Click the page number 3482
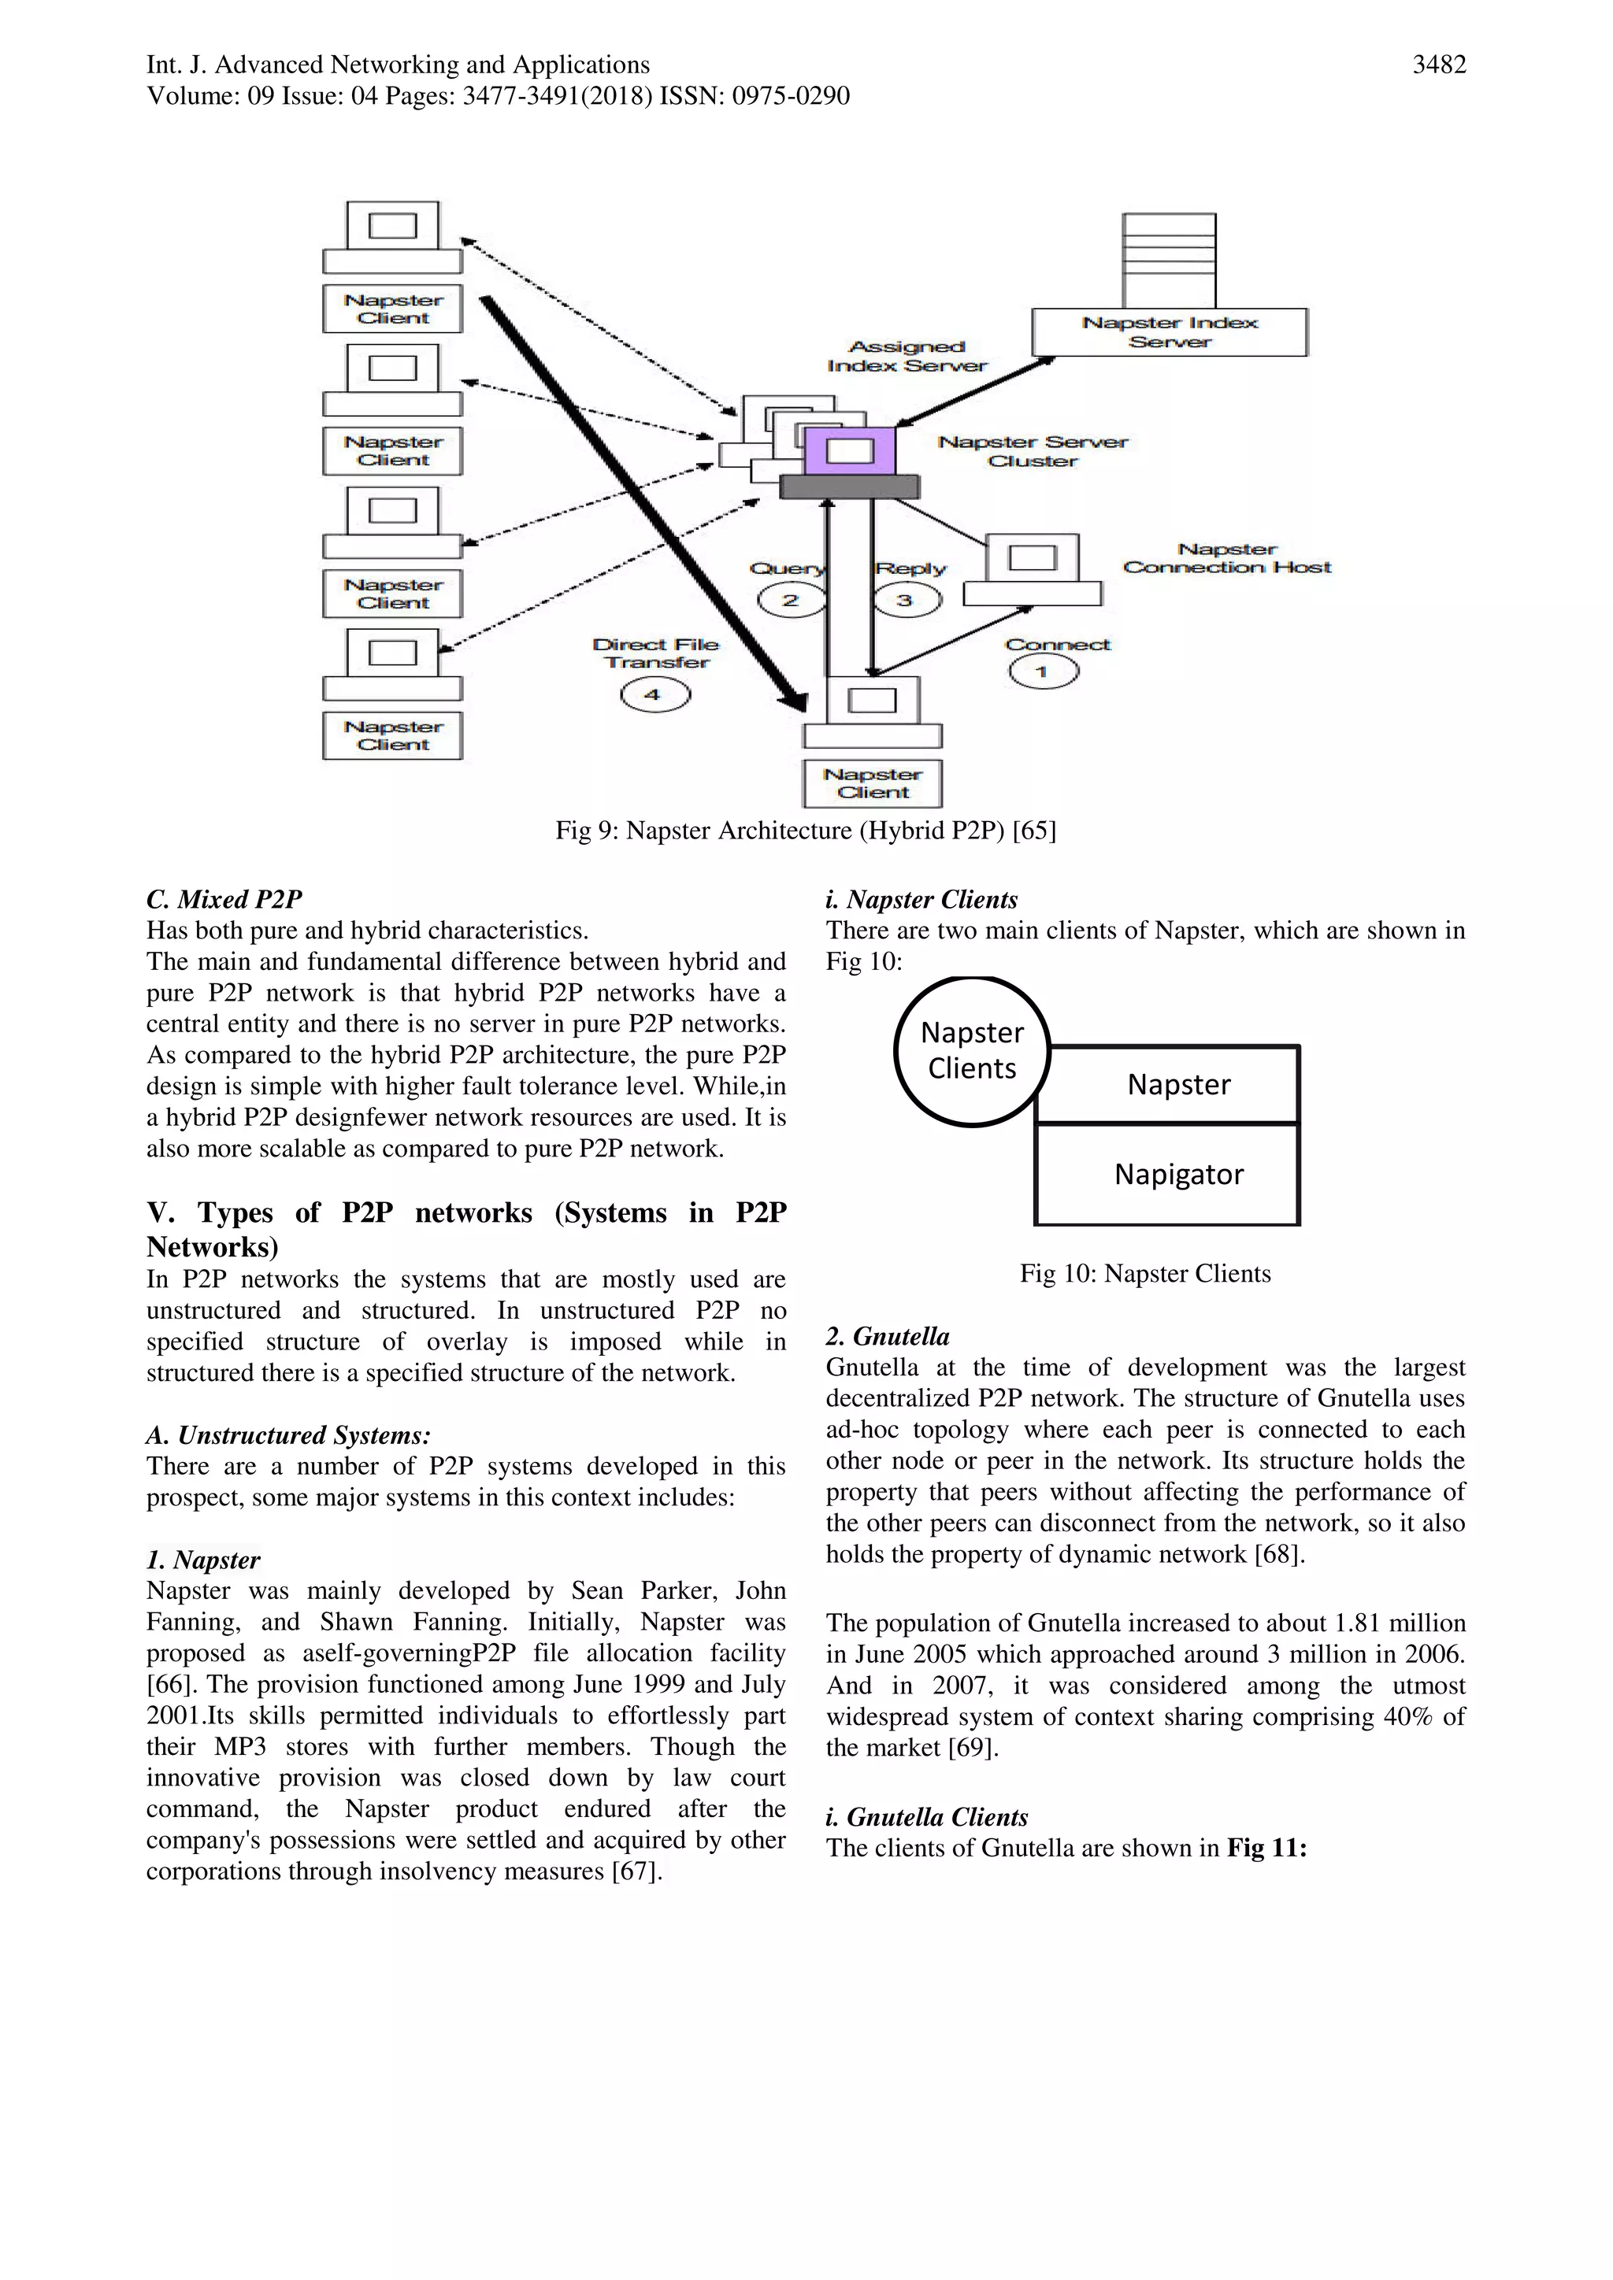click(x=1438, y=65)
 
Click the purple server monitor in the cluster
click(x=850, y=451)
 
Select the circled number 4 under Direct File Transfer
click(x=654, y=694)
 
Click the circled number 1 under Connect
click(x=1043, y=672)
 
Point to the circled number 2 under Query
click(x=791, y=600)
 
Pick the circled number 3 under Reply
click(x=906, y=600)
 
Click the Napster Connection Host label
click(x=1226, y=558)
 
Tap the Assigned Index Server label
click(x=907, y=357)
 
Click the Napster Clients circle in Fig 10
click(x=971, y=1050)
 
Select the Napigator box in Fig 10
click(x=1178, y=1175)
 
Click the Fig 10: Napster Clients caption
click(x=1144, y=1274)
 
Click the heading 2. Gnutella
click(x=887, y=1337)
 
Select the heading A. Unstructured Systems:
click(x=288, y=1435)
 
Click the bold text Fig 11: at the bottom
click(x=1266, y=1848)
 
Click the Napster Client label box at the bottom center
click(x=872, y=783)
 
